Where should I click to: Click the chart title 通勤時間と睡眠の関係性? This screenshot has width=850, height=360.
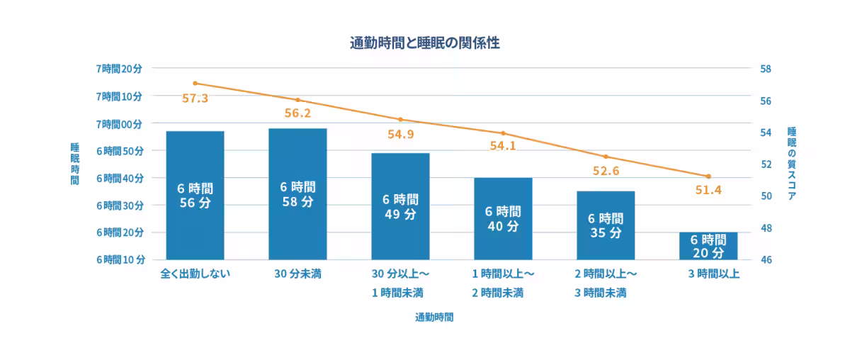[x=425, y=43]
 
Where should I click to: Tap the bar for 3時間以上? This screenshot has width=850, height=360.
[x=708, y=246]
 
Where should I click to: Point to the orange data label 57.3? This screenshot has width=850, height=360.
[x=195, y=99]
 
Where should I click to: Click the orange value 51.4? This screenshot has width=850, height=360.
[x=708, y=191]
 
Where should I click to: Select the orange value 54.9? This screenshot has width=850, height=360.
[x=400, y=134]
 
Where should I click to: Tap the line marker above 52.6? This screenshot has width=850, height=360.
[x=606, y=157]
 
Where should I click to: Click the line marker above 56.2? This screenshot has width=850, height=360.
[x=297, y=100]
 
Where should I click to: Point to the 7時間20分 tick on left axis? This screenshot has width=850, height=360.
[x=119, y=69]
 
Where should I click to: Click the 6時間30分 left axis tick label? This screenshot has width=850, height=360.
[x=119, y=206]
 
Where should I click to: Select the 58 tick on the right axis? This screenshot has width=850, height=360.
[x=765, y=69]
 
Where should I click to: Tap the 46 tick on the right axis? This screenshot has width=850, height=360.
[x=765, y=260]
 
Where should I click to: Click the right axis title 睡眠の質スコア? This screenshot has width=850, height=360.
[x=792, y=164]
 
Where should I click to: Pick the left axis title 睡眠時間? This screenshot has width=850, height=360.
[x=74, y=164]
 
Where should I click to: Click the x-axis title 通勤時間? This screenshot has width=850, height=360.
[x=434, y=317]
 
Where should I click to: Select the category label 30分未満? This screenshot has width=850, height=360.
[x=298, y=274]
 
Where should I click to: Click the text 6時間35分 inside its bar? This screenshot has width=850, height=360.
[x=606, y=225]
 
